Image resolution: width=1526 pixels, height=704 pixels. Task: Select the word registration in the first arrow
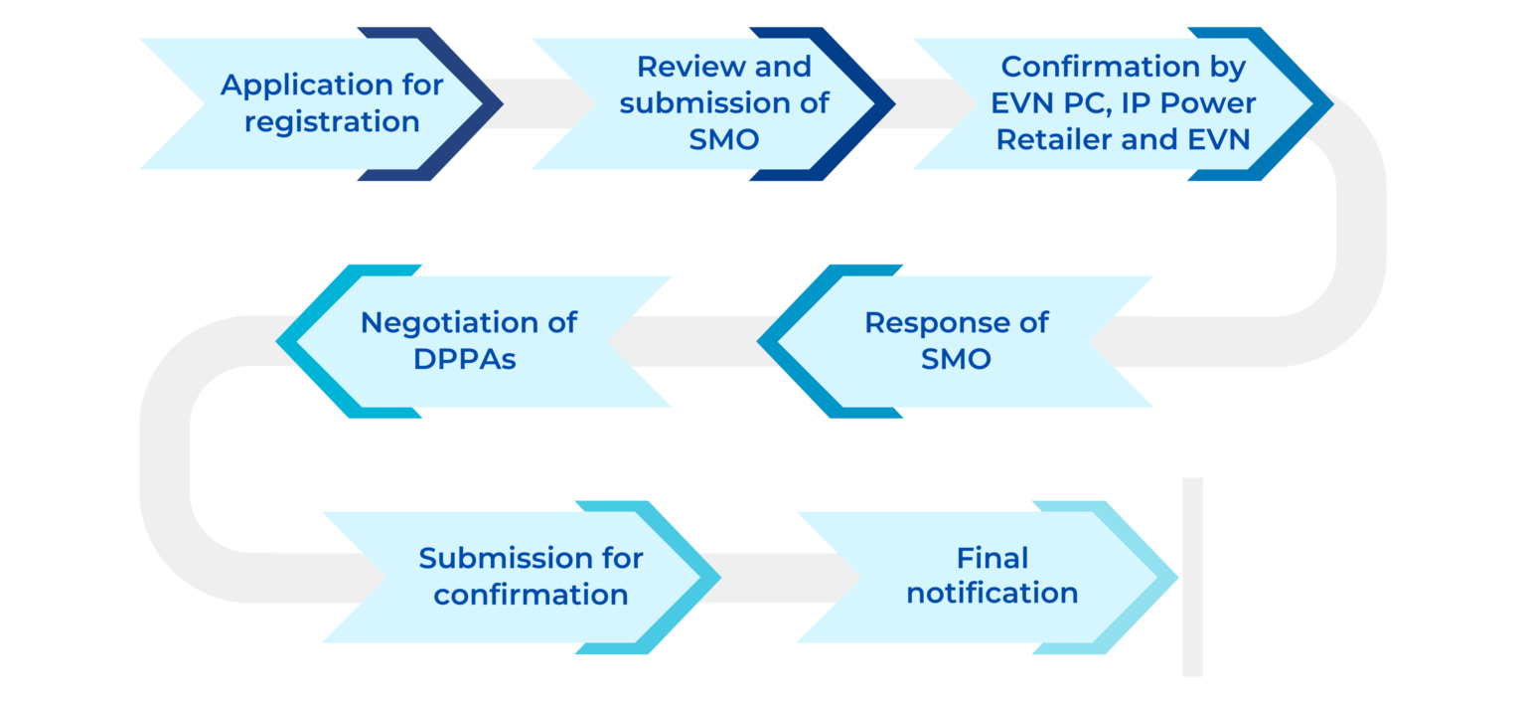coord(332,122)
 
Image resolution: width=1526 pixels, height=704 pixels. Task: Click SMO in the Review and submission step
coord(723,139)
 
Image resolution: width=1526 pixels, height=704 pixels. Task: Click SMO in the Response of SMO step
coord(955,359)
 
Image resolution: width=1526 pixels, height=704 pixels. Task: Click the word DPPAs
coord(465,359)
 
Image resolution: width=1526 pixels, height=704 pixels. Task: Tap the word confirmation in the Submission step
coord(531,595)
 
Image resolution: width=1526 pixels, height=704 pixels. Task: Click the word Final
coord(992,558)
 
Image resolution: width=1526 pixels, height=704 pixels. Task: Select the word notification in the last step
coord(992,594)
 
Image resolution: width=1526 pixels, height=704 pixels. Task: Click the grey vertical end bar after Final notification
coord(1192,577)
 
